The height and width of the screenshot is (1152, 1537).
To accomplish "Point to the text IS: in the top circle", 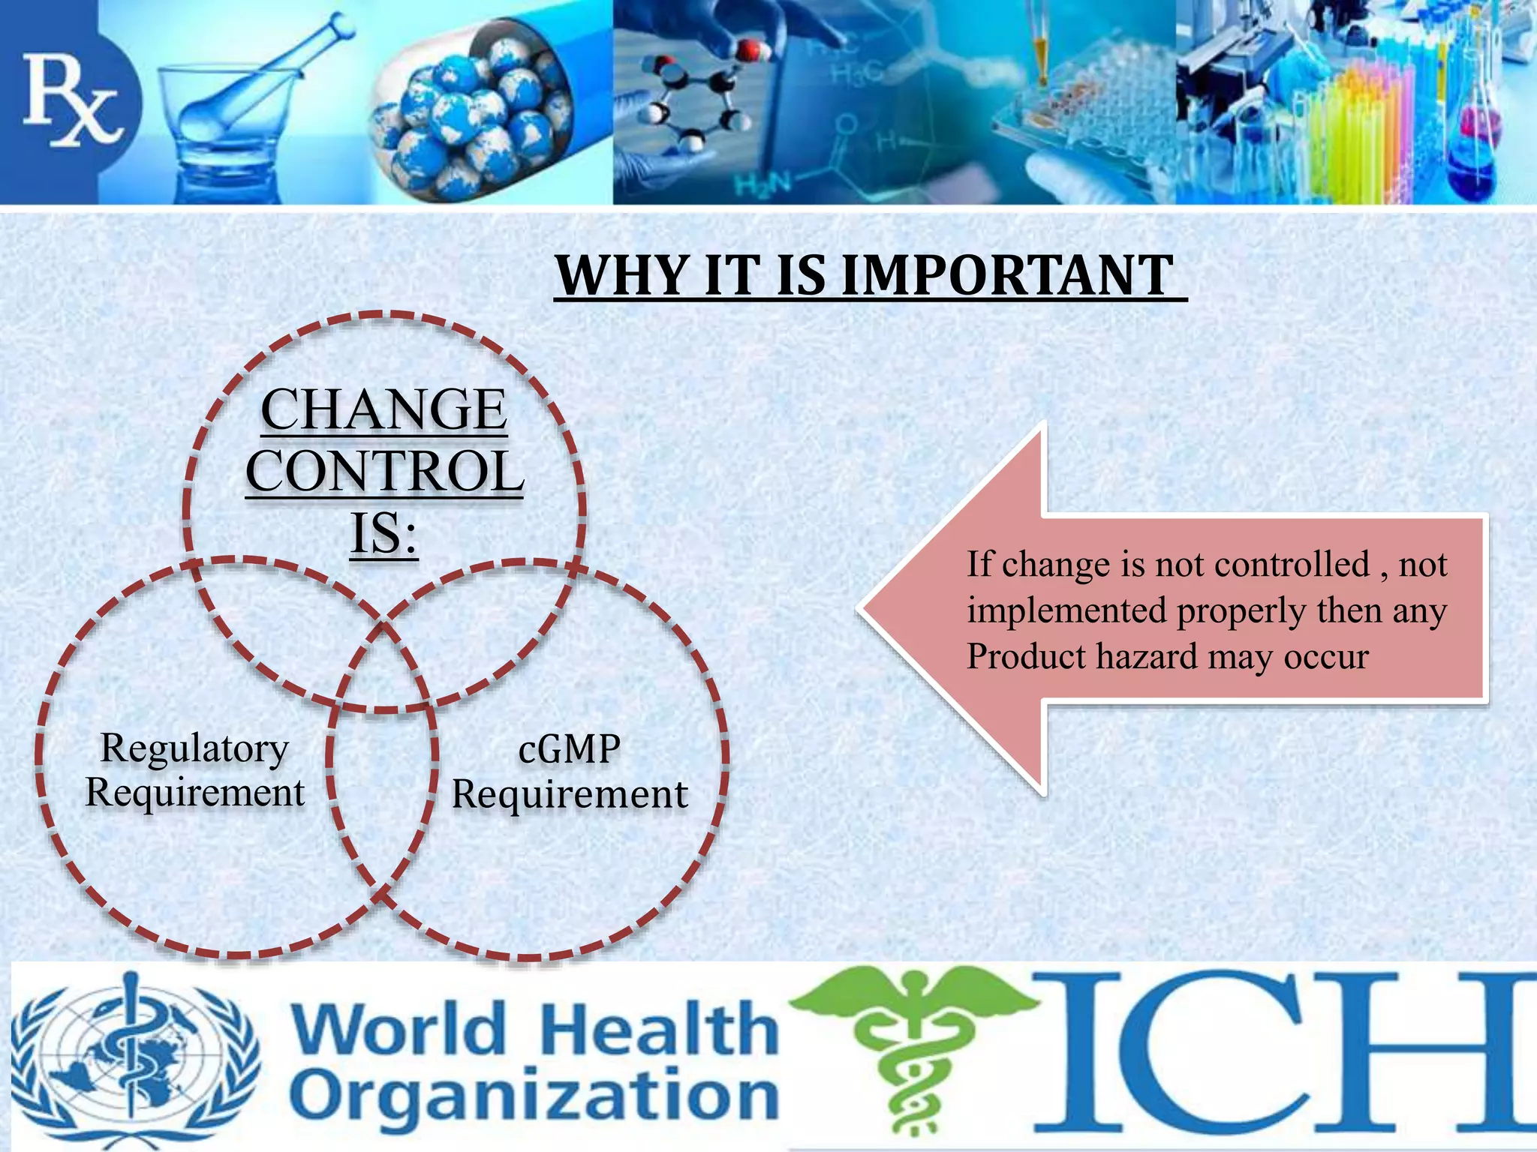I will coord(384,533).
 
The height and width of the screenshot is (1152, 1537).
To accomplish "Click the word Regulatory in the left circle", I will coord(194,748).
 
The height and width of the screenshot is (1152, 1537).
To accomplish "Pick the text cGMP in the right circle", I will coord(570,749).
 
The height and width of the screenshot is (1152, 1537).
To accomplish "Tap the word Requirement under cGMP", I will coord(570,794).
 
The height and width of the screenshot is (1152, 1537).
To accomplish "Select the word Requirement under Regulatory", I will coord(195,793).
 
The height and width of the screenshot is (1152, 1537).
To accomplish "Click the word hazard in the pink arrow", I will coord(1146,656).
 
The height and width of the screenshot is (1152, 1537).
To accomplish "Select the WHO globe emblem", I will coord(135,1057).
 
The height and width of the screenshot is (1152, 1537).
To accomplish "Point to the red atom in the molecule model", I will coord(749,52).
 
